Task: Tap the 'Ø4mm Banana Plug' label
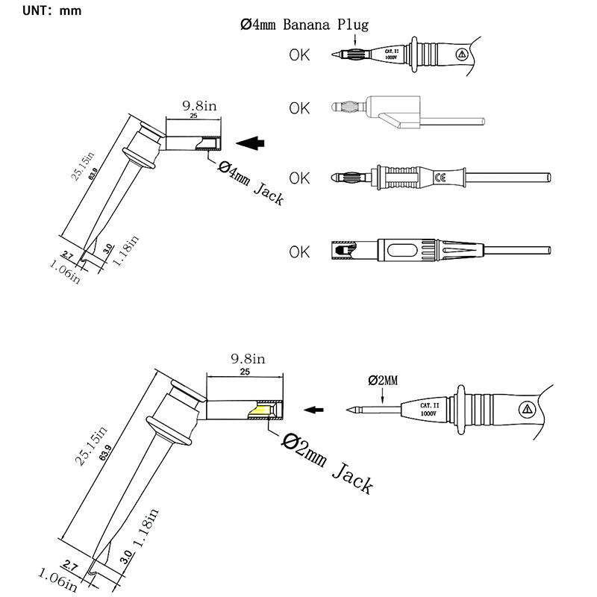[x=304, y=25]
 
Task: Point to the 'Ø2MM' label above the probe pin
[x=383, y=380]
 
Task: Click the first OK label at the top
[x=299, y=54]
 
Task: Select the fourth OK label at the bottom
[x=299, y=251]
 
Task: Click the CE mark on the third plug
[x=440, y=178]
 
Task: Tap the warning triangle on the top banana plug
[x=461, y=54]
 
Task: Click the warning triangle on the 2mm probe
[x=528, y=409]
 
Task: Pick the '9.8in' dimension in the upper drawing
[x=199, y=106]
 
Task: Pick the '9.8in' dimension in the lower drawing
[x=246, y=360]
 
